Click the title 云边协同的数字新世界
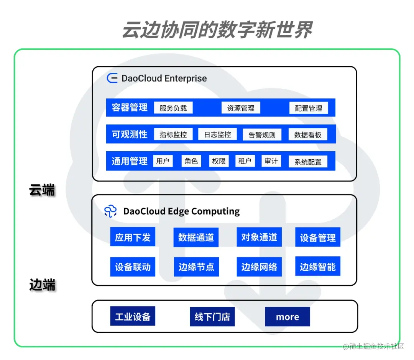click(217, 30)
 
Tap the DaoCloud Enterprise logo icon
click(112, 78)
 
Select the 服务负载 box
click(173, 108)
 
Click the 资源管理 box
click(241, 108)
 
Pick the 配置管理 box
click(309, 108)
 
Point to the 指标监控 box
click(173, 134)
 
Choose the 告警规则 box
click(262, 135)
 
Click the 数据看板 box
click(308, 134)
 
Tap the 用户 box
click(163, 161)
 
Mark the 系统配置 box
click(308, 162)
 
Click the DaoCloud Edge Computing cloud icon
click(110, 211)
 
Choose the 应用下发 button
click(133, 237)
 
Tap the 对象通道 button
click(259, 237)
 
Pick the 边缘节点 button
click(196, 267)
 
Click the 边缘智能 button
click(318, 267)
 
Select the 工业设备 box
click(133, 316)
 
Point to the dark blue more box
click(287, 317)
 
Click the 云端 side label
click(42, 190)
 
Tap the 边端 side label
click(42, 285)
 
